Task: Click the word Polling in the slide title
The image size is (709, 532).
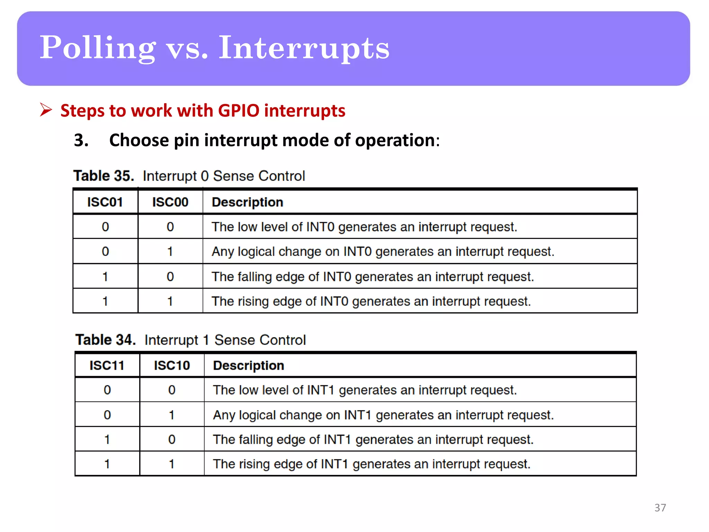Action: (98, 48)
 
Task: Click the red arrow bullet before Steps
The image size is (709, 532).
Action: (46, 110)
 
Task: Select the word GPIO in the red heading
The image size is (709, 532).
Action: (239, 111)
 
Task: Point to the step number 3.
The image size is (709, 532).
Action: (81, 140)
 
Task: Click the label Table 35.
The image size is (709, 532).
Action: (104, 176)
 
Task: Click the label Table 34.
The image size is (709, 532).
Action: (105, 340)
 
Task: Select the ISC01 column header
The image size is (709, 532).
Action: (105, 202)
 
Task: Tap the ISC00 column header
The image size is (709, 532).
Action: (170, 202)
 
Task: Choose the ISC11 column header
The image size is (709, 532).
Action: (107, 365)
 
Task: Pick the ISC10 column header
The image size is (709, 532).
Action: (172, 365)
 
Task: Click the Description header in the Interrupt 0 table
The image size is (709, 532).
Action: (248, 202)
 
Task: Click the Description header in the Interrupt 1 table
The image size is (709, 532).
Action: (249, 365)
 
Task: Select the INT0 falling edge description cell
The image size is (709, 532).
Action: (373, 277)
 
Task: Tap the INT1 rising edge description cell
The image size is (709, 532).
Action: (371, 464)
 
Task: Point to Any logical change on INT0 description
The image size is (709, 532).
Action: (383, 251)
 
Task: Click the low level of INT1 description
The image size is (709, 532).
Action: (365, 390)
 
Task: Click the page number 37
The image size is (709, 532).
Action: (660, 507)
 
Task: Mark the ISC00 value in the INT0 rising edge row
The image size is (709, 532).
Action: (170, 301)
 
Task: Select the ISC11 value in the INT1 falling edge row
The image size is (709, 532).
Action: (107, 440)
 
